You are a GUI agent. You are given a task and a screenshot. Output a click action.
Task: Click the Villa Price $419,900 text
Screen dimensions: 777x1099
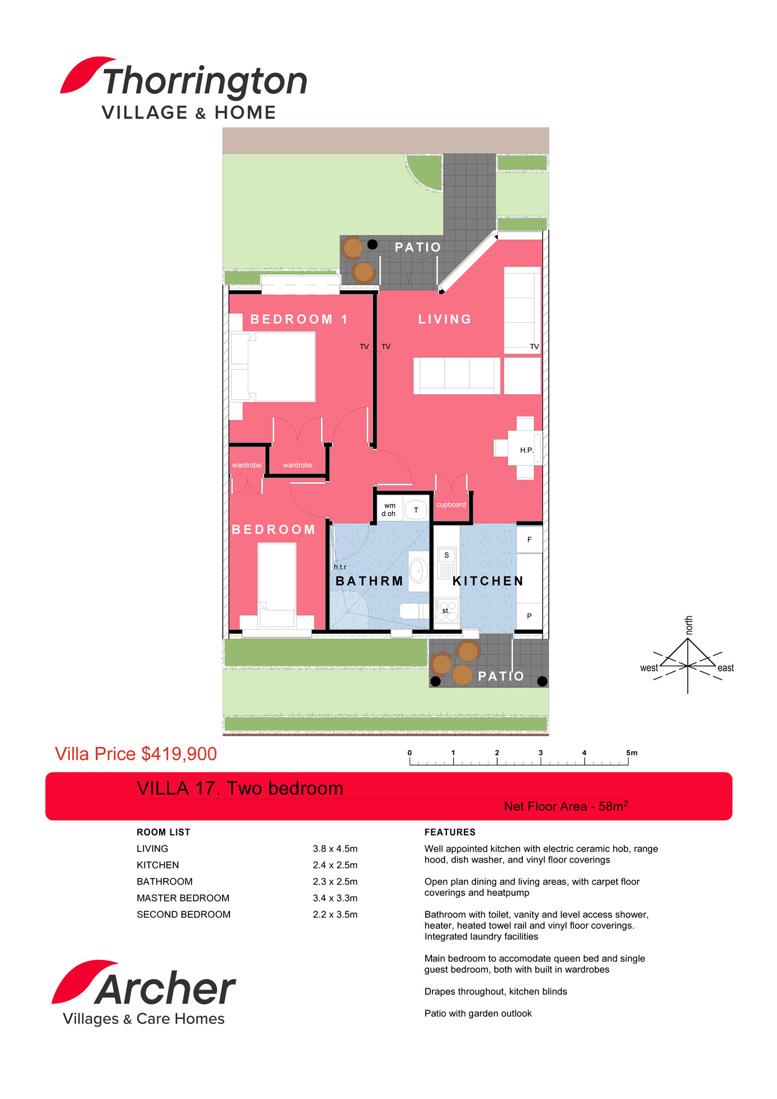click(136, 754)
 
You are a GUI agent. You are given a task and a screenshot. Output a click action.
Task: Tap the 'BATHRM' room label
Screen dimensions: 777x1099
click(370, 581)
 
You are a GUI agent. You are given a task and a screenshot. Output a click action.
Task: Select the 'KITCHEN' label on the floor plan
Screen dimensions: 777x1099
click(488, 581)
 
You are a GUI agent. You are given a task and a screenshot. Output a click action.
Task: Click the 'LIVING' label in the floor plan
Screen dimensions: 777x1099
click(445, 319)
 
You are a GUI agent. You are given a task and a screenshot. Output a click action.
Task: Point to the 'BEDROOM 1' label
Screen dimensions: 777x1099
click(299, 319)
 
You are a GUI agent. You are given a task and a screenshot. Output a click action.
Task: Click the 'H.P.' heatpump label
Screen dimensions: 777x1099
click(526, 450)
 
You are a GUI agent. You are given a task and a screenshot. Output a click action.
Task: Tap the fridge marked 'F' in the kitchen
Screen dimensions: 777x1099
click(529, 539)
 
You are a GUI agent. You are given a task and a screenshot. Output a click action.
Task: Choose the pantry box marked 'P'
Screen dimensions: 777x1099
click(529, 616)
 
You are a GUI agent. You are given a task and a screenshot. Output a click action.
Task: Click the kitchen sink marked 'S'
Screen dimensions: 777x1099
click(447, 555)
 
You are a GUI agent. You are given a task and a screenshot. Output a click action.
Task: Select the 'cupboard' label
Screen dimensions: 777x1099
click(451, 505)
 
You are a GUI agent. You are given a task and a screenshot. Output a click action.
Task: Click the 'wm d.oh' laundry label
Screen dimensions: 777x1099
click(389, 509)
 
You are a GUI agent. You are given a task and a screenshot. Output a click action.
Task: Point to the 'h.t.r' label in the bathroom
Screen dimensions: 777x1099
click(340, 567)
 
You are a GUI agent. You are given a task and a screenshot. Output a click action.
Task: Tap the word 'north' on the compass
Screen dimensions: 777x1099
click(689, 625)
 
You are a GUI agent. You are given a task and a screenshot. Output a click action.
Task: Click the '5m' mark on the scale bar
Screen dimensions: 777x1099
click(632, 753)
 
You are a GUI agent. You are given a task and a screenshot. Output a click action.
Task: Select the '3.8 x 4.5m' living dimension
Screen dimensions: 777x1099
click(335, 849)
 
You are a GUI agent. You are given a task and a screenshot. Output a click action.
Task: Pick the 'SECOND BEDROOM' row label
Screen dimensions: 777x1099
click(184, 915)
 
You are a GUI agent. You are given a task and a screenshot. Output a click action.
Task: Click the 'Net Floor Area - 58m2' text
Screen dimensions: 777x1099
click(566, 806)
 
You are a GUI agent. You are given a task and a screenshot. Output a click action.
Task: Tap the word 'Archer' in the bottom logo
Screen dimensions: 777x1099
click(165, 989)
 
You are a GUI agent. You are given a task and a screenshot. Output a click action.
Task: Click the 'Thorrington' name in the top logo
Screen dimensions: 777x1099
click(205, 81)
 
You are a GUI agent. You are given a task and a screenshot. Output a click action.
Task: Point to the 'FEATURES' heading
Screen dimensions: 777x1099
click(450, 832)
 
